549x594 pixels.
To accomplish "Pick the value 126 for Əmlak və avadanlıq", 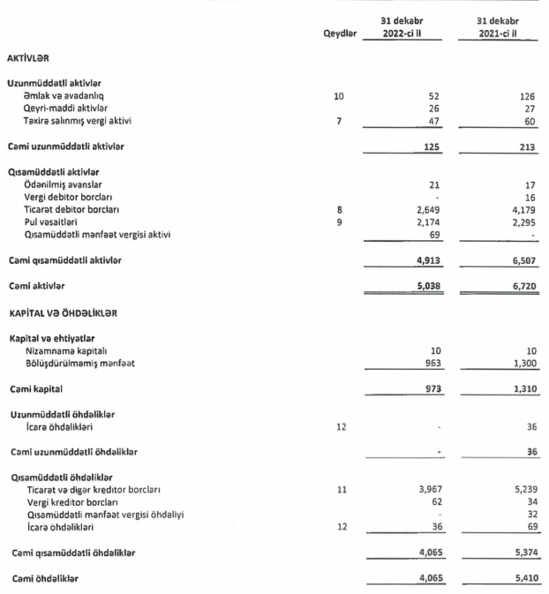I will pos(527,94).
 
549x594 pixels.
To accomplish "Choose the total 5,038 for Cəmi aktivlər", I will pos(425,286).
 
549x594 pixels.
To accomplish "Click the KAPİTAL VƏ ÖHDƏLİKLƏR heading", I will pos(63,313).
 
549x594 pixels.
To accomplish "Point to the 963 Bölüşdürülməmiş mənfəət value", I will pos(430,363).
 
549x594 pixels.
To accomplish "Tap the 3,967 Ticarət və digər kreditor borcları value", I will pos(425,489).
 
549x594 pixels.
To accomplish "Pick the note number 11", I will pos(339,489).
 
